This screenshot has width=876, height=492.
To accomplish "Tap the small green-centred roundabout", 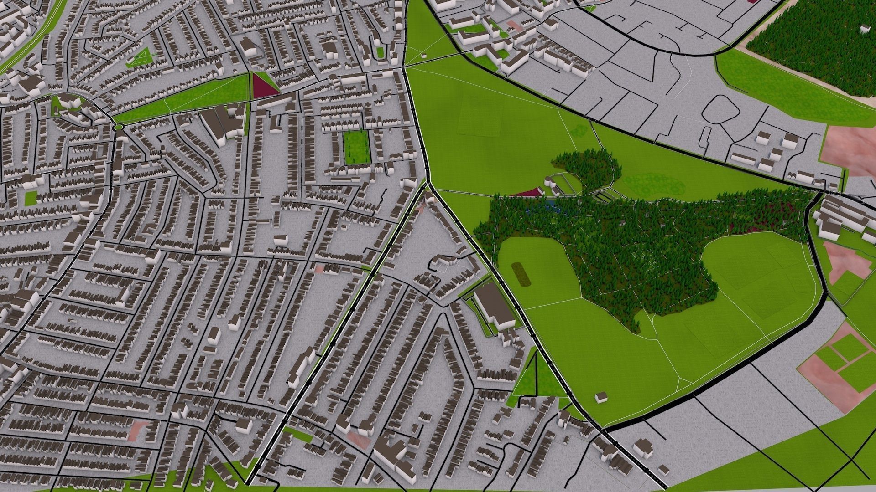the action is pos(119,127).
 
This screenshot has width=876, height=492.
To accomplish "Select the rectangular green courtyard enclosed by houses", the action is pos(356,147).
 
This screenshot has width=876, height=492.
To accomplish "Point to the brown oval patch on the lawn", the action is pos(521,273).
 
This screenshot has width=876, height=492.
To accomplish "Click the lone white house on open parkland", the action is pos(601,397).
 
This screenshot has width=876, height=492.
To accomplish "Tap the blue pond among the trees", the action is pos(545,209).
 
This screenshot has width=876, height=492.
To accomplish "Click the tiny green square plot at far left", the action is pos(31,198).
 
